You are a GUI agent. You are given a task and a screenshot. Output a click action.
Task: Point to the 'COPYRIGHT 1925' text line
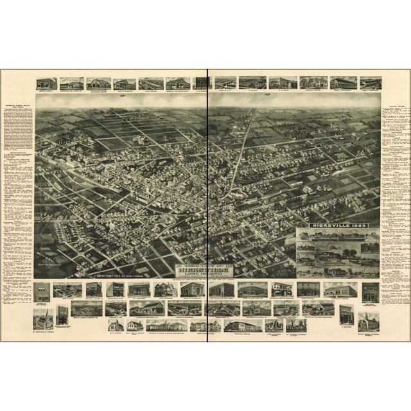(119, 275)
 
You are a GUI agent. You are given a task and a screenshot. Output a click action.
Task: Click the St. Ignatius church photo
(44, 319)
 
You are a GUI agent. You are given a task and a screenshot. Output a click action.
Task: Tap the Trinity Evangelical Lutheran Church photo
(369, 320)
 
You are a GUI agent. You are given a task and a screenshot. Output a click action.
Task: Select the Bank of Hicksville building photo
(192, 290)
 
